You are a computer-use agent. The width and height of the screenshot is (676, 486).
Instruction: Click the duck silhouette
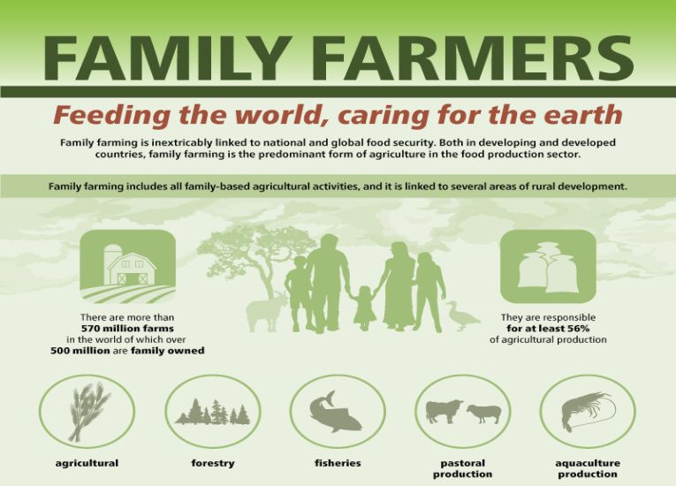point(461,315)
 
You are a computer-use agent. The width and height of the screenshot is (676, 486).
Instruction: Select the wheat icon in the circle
point(87,411)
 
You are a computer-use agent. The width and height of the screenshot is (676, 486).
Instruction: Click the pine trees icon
point(212,413)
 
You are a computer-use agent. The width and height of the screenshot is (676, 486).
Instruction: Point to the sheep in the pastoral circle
point(482,413)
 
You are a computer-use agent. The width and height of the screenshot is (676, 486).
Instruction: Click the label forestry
point(212,463)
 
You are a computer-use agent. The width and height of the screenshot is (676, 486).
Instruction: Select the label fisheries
point(338,463)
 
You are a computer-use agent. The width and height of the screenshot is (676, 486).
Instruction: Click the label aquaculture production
point(587,468)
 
